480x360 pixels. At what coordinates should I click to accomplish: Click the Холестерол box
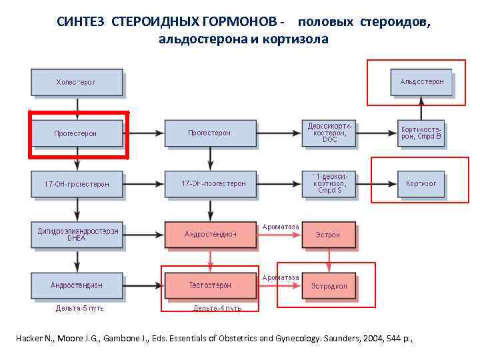[x=76, y=83]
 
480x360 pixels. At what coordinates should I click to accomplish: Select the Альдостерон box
[x=421, y=82]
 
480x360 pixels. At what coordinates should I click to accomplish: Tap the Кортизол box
[x=421, y=183]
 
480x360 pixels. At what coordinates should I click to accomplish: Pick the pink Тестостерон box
[x=209, y=285]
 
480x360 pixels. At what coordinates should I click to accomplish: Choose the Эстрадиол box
[x=329, y=286]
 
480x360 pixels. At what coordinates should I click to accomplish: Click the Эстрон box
[x=329, y=235]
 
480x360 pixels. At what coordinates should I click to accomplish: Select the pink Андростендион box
[x=210, y=235]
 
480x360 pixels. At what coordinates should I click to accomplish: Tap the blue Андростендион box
[x=77, y=285]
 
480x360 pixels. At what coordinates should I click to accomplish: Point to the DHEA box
[x=77, y=235]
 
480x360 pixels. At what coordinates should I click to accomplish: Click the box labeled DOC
[x=329, y=133]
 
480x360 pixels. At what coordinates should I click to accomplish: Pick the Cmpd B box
[x=421, y=133]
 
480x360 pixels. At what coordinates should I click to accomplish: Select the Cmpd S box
[x=329, y=183]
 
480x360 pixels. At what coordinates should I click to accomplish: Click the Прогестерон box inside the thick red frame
[x=76, y=133]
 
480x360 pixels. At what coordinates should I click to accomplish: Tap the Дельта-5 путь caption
[x=79, y=308]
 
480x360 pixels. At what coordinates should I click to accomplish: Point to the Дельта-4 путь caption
[x=217, y=308]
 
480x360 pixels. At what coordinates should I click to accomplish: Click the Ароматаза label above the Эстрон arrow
[x=281, y=227]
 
